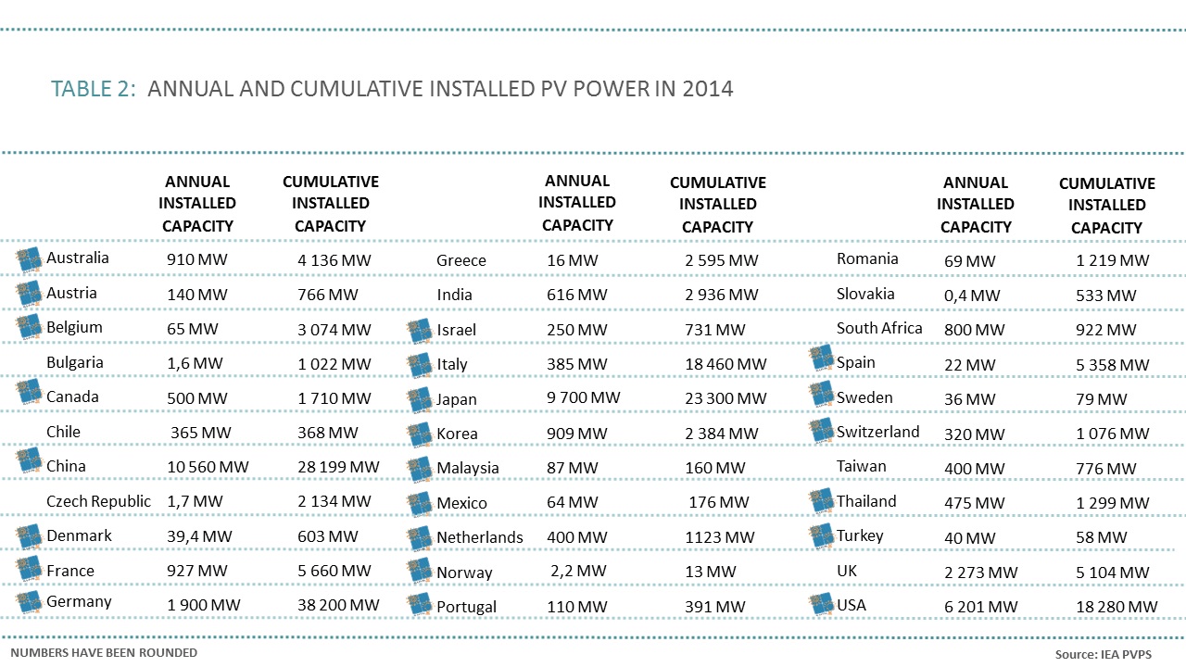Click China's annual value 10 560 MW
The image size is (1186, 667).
click(x=208, y=467)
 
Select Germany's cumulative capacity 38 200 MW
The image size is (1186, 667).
click(x=338, y=605)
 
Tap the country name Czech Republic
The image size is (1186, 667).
click(x=98, y=501)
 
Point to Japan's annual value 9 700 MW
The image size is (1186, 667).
click(x=583, y=398)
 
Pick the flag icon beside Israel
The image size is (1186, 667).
click(x=420, y=331)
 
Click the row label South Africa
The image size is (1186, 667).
click(x=879, y=328)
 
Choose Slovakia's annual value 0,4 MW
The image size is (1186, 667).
click(x=972, y=296)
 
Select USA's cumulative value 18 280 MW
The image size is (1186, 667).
click(x=1117, y=607)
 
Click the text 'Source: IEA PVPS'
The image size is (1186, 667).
click(x=1104, y=654)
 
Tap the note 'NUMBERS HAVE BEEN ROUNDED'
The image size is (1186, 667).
click(x=104, y=652)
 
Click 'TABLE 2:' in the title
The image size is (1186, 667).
click(x=95, y=89)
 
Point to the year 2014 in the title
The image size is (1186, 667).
click(x=707, y=89)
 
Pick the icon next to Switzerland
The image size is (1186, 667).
click(x=821, y=430)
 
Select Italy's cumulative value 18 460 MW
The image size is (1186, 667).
click(x=725, y=364)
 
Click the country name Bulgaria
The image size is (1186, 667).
click(x=75, y=362)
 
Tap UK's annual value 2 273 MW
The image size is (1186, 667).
click(x=980, y=573)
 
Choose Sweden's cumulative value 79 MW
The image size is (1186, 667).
click(x=1102, y=399)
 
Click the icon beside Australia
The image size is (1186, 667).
click(x=30, y=258)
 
